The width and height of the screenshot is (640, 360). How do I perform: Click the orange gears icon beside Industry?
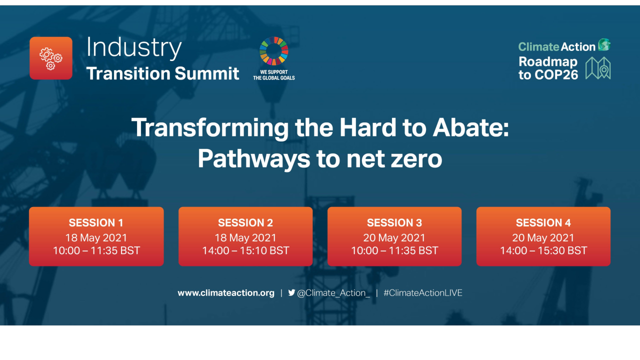pos(51,58)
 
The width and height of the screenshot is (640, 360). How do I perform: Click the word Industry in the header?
pos(134,48)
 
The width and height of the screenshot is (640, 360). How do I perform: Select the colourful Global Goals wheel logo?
pos(273,51)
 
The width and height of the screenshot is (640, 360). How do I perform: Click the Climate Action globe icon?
pos(604,45)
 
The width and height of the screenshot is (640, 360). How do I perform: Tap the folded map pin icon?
pos(598,68)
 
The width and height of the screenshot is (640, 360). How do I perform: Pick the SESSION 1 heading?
pos(96,223)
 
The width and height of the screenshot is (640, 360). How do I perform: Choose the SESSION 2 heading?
pos(245,223)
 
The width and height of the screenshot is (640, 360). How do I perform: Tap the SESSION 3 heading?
pos(394,223)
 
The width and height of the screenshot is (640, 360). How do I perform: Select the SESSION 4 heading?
pos(543,223)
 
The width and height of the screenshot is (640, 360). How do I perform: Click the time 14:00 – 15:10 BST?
pos(245,250)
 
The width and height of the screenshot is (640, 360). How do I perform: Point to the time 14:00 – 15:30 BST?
pos(543,250)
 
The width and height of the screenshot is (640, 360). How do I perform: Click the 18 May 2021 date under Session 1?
pos(96,237)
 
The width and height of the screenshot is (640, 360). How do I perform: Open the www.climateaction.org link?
pos(226,293)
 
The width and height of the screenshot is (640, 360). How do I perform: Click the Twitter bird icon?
pos(291,293)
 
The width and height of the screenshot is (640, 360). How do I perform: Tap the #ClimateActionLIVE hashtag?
pos(423,293)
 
